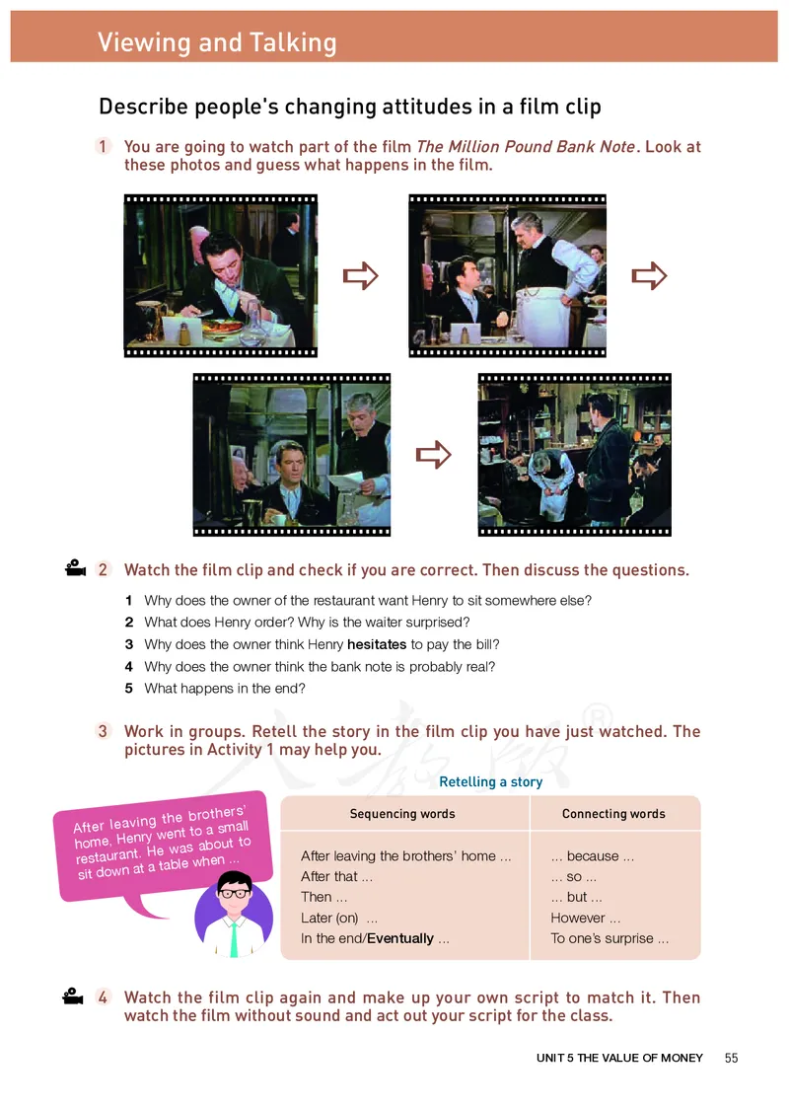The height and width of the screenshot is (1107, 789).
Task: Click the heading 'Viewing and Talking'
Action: (217, 42)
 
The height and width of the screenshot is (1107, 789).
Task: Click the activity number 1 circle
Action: (103, 146)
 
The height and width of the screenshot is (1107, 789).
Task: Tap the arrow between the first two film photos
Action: (361, 275)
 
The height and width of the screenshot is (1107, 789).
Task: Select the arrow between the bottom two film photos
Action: (433, 455)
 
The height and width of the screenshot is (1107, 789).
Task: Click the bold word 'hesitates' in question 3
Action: (377, 644)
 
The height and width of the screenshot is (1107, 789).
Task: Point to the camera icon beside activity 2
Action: (75, 567)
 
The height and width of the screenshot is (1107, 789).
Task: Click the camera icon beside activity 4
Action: (73, 996)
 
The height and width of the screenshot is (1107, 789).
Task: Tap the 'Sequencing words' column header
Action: (402, 813)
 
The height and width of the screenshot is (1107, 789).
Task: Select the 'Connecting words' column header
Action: (613, 813)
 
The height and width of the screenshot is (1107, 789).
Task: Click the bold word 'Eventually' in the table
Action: (400, 938)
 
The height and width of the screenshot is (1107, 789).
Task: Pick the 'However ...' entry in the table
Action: (585, 918)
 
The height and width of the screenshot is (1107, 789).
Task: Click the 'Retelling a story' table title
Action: (490, 781)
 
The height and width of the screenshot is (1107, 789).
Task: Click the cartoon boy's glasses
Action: (235, 893)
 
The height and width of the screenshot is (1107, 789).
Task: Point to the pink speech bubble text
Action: (163, 842)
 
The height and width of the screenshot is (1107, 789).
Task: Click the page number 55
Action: (731, 1058)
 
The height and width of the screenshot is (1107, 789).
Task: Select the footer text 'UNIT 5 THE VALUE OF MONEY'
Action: (619, 1058)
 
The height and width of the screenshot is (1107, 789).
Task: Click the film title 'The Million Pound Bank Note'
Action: (526, 146)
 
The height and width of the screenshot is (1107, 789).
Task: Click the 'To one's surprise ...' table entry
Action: (610, 938)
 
